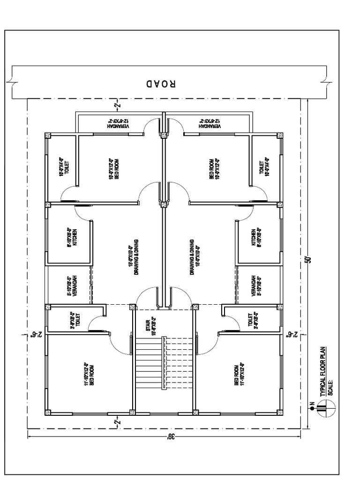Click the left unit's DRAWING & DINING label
pyautogui.click(x=133, y=257)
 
